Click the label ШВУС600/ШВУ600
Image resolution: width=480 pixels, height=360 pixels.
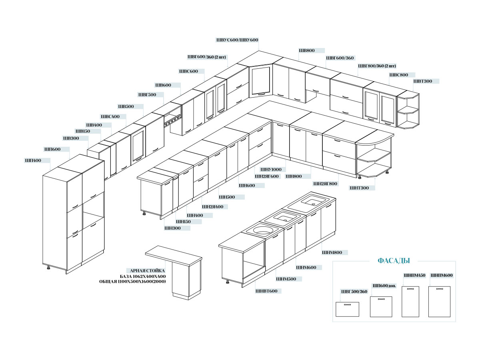pos(237,40)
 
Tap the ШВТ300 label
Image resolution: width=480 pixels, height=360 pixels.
pos(422,81)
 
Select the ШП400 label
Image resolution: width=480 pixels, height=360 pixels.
pos(33,160)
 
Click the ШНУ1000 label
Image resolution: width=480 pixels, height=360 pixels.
pos(271,169)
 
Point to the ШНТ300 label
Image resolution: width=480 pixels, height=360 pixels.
pos(359,188)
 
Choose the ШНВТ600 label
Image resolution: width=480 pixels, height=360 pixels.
pos(266,291)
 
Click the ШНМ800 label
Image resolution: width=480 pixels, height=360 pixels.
pos(332,252)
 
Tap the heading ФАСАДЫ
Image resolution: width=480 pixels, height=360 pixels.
pos(394,260)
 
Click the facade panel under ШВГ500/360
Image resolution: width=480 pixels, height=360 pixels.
pos(347,309)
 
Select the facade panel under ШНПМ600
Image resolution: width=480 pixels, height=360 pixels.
pos(439,302)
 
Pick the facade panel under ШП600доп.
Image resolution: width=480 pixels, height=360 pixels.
pos(381,307)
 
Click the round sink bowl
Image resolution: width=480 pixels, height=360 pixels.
pos(262,230)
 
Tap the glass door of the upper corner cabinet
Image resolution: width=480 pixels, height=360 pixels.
pos(260,81)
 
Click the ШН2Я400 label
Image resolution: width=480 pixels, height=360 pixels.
pos(212,206)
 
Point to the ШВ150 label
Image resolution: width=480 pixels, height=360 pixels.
pos(83,131)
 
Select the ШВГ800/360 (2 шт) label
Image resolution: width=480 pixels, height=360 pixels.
pos(377,66)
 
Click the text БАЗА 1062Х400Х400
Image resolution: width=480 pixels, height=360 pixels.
pos(142,276)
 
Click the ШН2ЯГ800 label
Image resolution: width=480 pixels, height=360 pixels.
pos(325,184)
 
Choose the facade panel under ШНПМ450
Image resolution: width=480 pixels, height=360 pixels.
pos(410,302)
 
